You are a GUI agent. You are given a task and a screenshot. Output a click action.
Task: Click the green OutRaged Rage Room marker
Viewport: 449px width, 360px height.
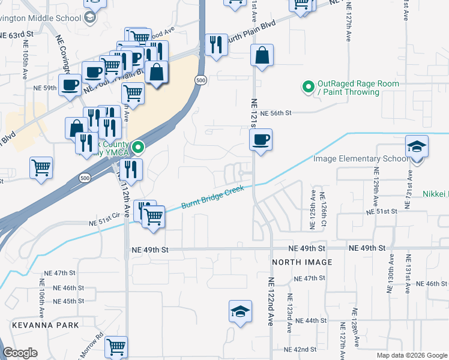tap(309, 88)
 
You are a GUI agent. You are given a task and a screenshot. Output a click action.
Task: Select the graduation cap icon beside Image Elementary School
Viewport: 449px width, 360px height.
tap(417, 148)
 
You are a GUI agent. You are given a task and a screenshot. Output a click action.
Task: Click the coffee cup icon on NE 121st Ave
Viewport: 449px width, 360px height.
tap(261, 140)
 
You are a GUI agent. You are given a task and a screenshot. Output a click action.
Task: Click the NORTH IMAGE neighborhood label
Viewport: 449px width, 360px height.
tap(302, 262)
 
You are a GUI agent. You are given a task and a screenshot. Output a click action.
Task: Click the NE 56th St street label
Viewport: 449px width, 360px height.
tap(276, 113)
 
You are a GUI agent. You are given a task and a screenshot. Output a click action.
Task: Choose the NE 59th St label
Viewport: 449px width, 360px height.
tap(46, 88)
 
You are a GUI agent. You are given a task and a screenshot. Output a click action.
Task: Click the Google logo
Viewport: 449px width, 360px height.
tap(20, 353)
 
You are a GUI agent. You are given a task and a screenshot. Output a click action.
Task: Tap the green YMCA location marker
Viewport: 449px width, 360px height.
tap(138, 147)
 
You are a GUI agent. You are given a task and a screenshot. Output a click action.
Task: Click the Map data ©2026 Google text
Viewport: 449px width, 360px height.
tap(411, 355)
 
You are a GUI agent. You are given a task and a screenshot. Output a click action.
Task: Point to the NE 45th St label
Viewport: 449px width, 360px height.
tap(68, 301)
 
